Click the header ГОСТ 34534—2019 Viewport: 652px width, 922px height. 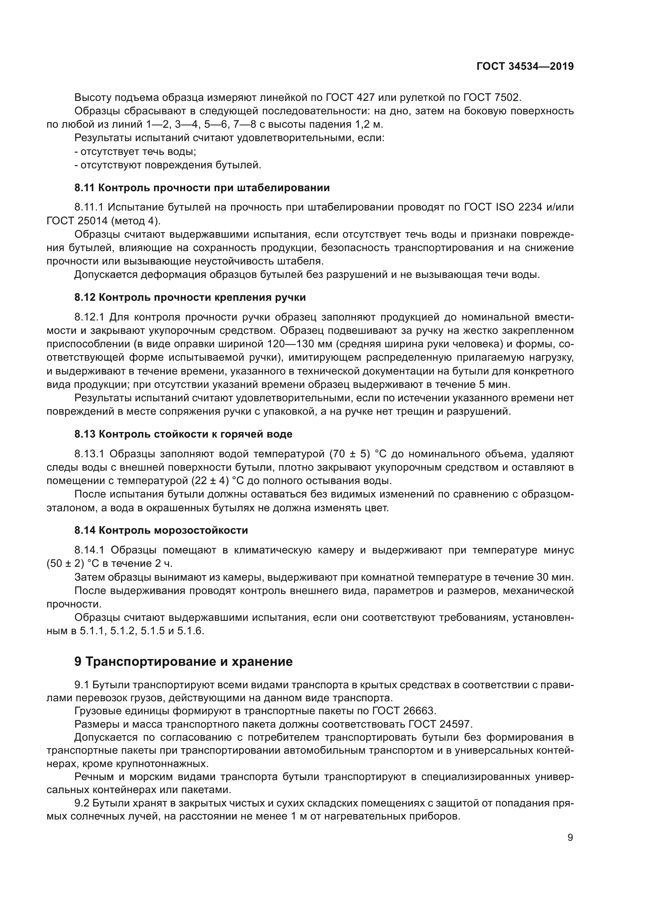click(x=525, y=66)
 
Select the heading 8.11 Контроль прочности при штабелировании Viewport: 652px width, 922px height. click(x=202, y=188)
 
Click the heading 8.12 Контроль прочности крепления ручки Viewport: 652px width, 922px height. click(x=190, y=297)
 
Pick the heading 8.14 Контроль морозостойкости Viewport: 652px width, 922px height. click(x=161, y=530)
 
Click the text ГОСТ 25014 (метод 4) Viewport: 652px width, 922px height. click(x=103, y=221)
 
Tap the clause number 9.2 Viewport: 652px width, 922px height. click(x=82, y=803)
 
